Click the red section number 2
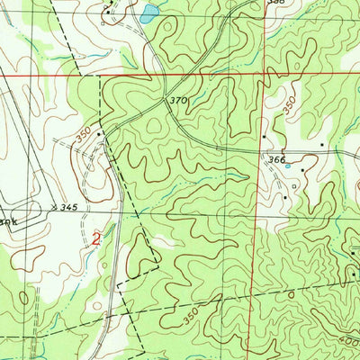click(96, 238)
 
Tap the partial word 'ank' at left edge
click(7, 219)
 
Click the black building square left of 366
click(264, 137)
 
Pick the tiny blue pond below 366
click(287, 167)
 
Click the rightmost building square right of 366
click(323, 143)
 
